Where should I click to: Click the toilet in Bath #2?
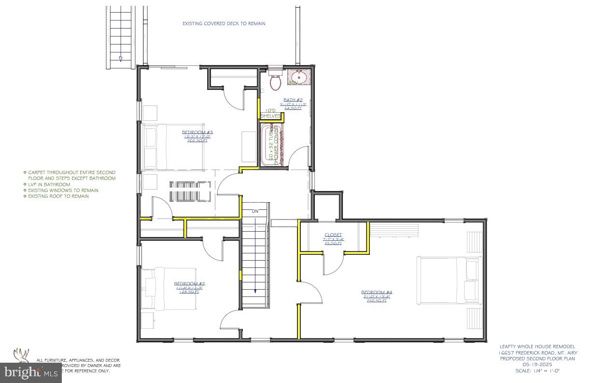276,83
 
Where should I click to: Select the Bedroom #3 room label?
197,132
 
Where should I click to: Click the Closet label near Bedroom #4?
333,235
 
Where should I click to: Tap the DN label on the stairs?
255,211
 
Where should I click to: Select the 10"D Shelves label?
270,113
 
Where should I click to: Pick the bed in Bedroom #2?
169,289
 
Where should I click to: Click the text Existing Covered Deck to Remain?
224,23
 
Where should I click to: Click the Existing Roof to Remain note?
58,196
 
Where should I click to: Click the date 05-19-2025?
537,365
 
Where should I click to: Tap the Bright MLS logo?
30,372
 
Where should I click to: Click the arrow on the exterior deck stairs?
120,58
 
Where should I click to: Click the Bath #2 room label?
293,100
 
